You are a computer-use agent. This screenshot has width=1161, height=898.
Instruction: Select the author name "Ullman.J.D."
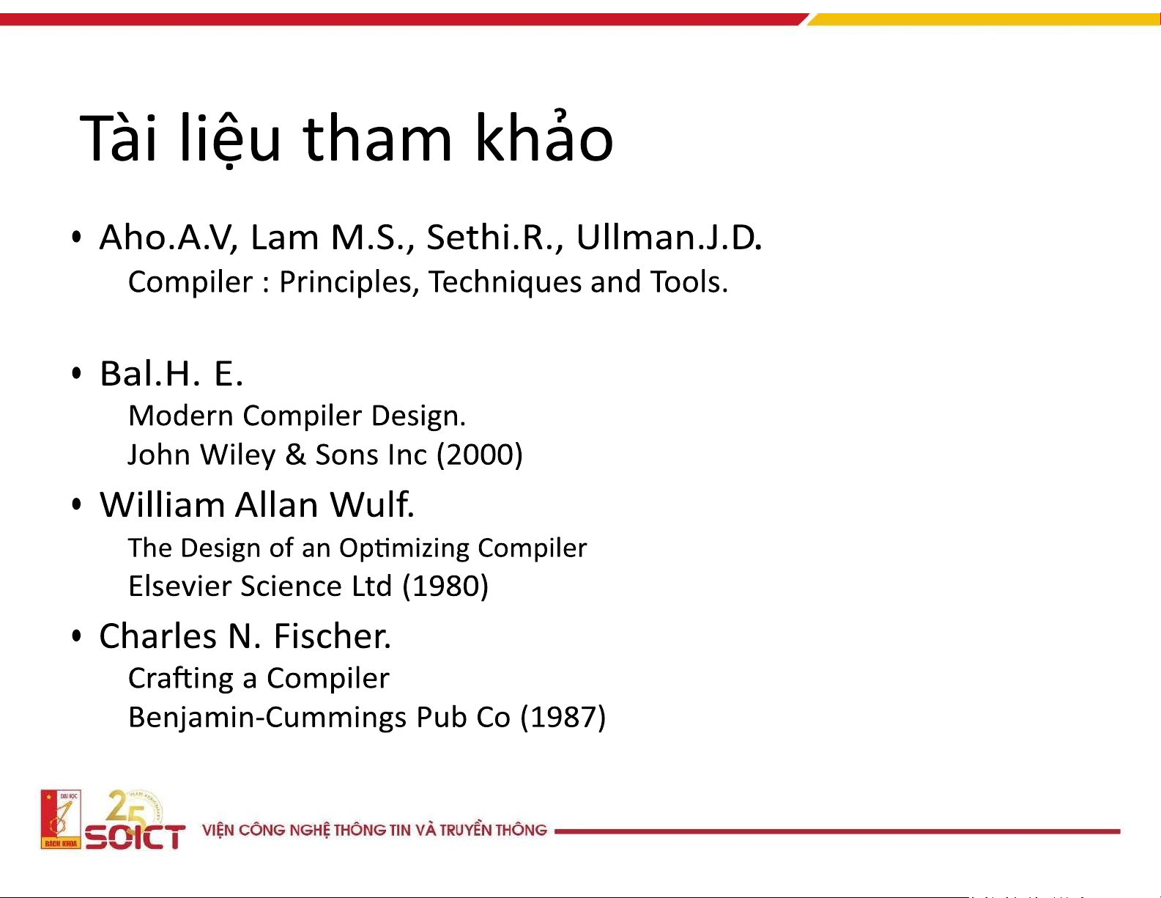[x=669, y=237]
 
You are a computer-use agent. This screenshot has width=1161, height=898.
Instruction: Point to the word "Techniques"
[x=505, y=281]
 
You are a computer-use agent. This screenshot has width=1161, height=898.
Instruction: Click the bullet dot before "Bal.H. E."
[x=76, y=373]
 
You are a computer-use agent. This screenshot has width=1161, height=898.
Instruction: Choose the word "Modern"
[x=181, y=416]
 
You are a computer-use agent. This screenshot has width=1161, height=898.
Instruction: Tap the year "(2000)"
[x=480, y=455]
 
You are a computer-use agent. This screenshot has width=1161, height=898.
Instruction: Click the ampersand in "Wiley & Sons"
[x=295, y=455]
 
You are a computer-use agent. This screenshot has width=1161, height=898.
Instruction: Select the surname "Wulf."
[x=371, y=504]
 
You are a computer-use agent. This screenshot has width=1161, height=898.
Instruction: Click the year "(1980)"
[x=445, y=586]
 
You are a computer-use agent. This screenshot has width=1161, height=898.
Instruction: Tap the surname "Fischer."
[x=333, y=636]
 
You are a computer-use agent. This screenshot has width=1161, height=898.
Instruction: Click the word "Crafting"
[x=181, y=679]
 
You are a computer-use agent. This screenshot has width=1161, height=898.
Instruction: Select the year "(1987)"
[x=563, y=718]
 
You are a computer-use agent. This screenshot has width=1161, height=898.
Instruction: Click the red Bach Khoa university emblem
[x=61, y=819]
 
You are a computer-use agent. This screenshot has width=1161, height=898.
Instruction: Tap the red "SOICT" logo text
[x=136, y=836]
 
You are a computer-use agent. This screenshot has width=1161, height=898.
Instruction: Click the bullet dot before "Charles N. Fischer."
[x=76, y=636]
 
